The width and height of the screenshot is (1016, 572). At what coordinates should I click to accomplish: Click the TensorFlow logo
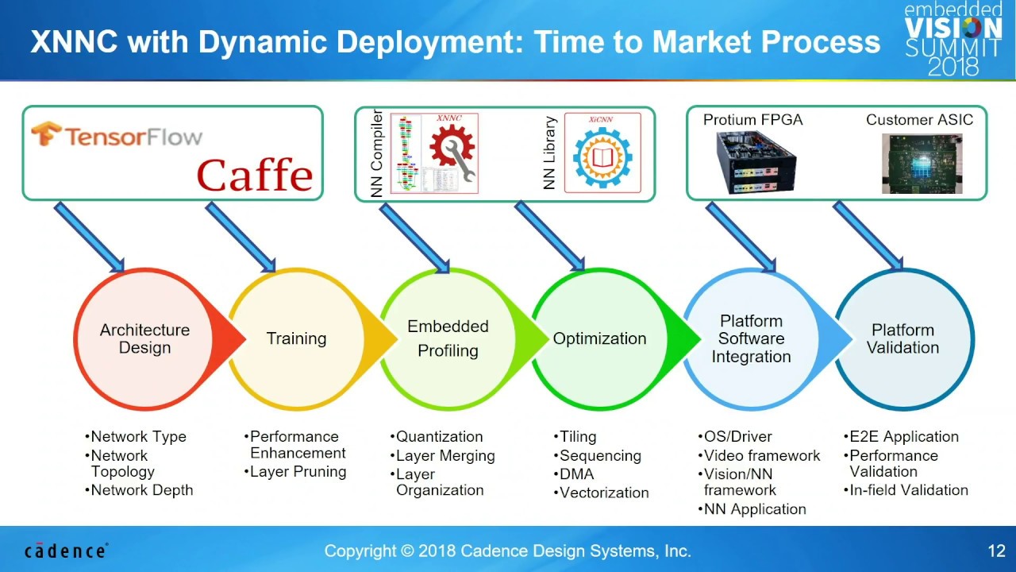pos(116,136)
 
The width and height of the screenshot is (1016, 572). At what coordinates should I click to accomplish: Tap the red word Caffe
pos(255,176)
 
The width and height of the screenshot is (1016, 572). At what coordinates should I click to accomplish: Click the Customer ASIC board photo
pos(922,163)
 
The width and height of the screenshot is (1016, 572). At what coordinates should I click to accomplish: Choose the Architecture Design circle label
pos(144,339)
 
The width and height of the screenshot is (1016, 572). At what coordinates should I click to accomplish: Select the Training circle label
pos(296,339)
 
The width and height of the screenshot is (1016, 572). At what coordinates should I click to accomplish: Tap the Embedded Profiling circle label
pos(448,338)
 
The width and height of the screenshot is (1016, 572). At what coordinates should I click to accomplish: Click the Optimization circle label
pos(599,339)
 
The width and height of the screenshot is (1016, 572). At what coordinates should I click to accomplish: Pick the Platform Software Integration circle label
pos(751,339)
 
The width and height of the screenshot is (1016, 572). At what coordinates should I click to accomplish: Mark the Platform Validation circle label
pos(902,339)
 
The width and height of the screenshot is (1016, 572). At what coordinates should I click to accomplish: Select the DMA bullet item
pos(576,474)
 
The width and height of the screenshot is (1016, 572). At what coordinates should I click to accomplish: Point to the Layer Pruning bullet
pos(298,472)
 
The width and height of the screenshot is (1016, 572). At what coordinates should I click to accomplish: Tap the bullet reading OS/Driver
pos(737,437)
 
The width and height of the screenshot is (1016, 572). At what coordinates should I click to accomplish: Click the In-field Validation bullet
pos(908,490)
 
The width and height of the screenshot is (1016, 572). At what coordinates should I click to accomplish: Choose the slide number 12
pos(996,551)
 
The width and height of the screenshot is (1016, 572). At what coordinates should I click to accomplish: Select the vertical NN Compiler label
pos(377,153)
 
